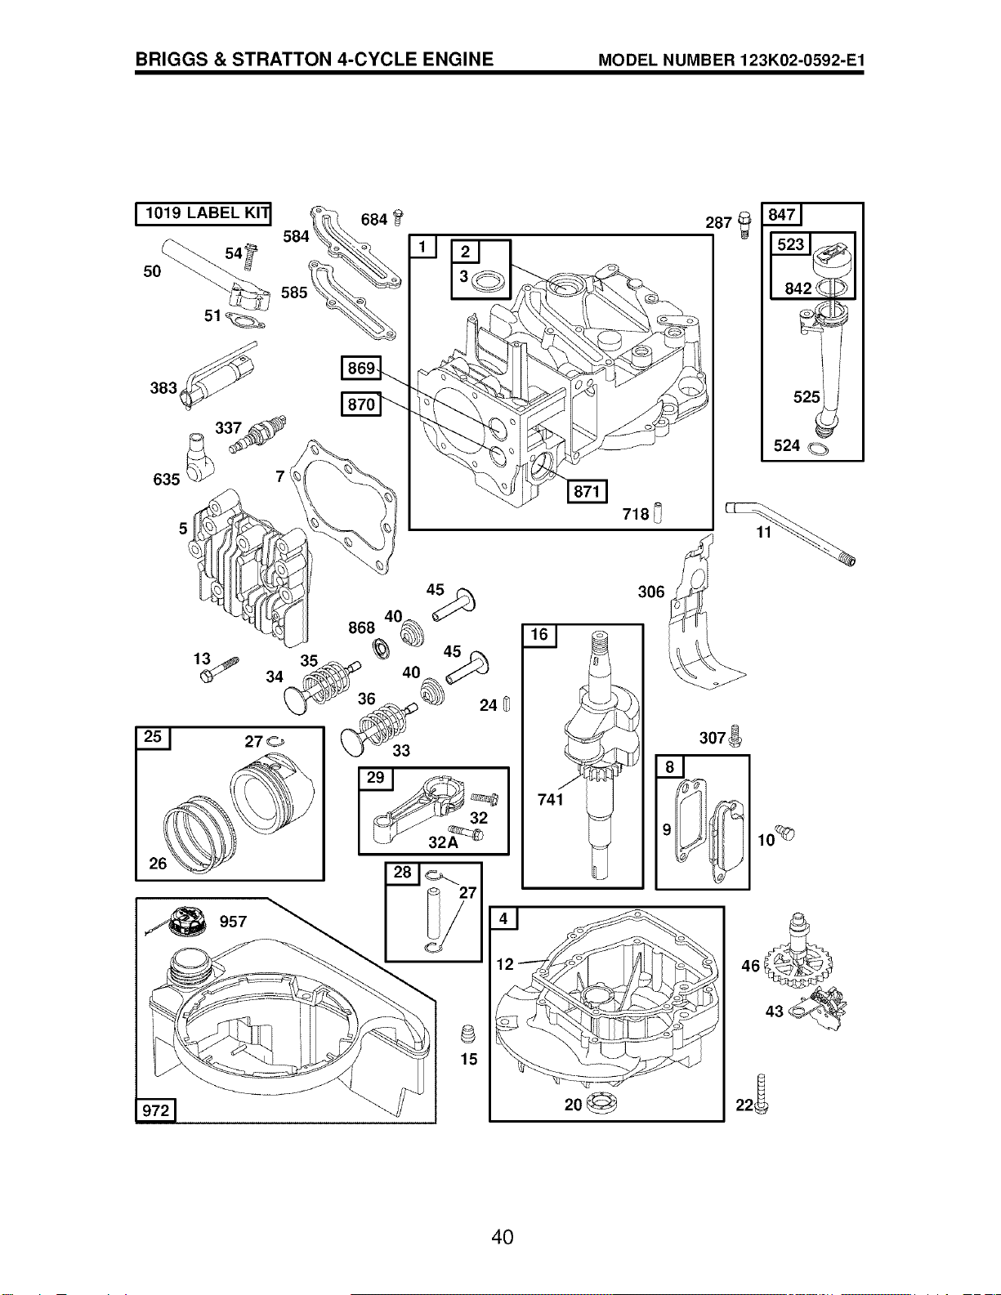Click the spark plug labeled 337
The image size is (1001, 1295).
257,435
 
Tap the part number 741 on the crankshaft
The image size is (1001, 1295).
550,799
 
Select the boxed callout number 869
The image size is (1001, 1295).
360,368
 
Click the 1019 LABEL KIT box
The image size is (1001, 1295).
203,213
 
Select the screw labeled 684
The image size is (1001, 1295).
399,218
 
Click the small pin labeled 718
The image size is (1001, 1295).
658,512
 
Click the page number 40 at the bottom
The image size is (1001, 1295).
502,1238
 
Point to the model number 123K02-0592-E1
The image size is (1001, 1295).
802,60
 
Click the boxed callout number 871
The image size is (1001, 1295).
587,491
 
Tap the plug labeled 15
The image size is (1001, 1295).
468,1034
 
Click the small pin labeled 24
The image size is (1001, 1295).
507,703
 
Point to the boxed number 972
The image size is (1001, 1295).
156,1110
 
